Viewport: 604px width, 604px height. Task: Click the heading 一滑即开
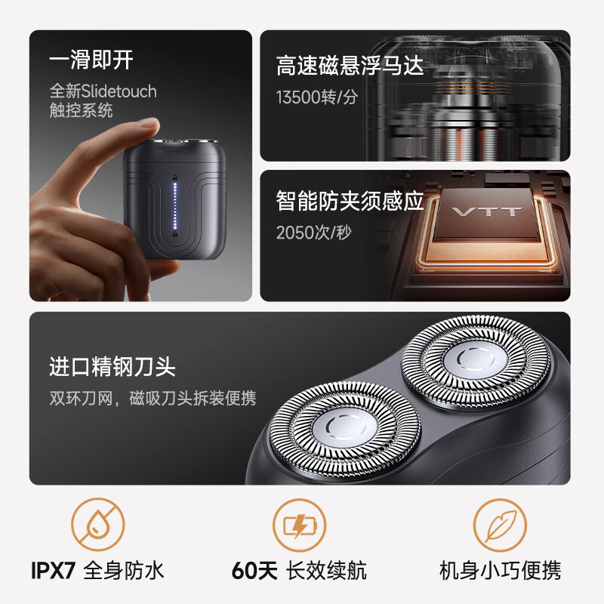91,61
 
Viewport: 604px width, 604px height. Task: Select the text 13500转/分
317,97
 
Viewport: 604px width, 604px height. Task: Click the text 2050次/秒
315,233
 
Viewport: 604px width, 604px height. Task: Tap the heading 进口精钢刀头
112,368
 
